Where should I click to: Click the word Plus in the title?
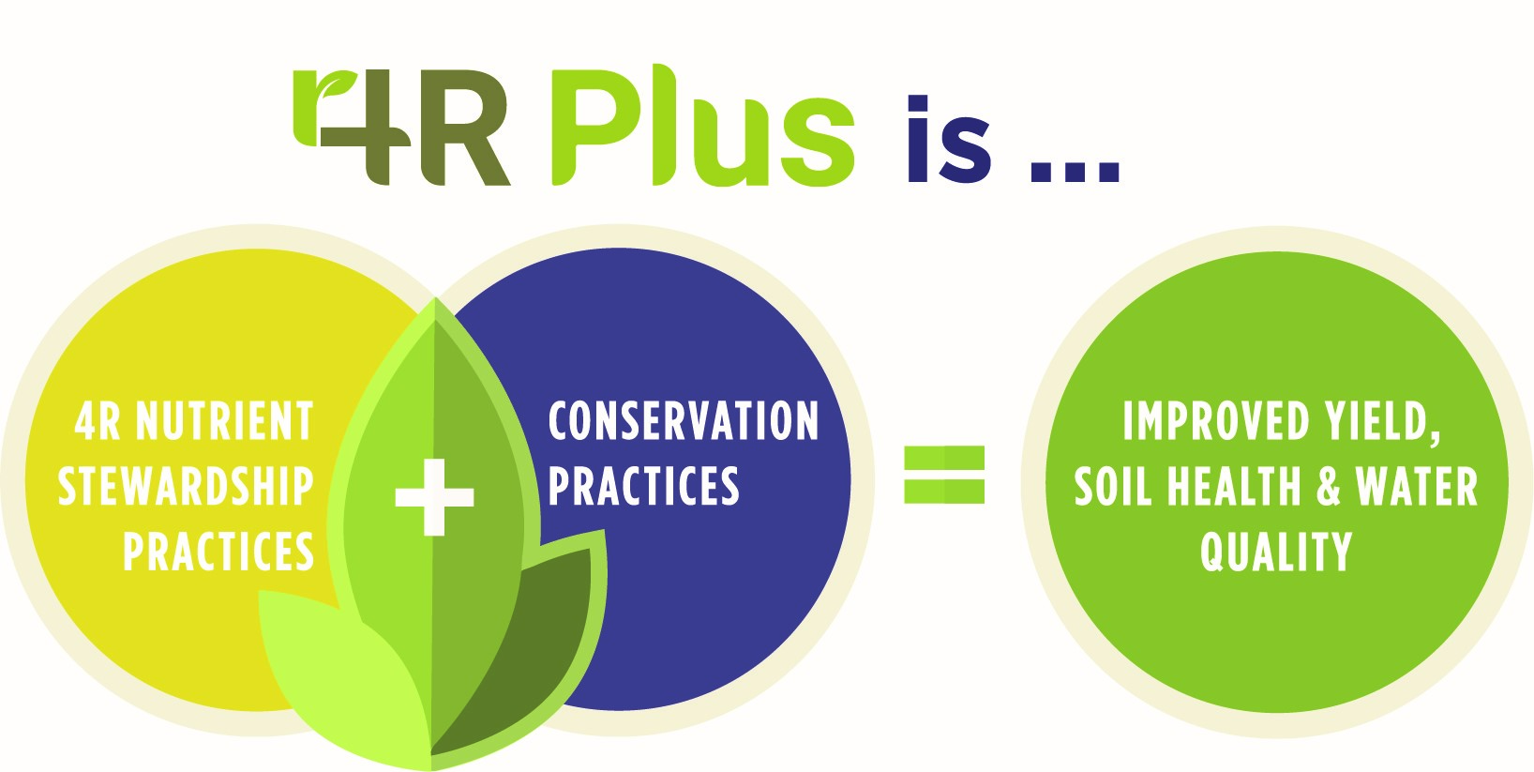pos(703,126)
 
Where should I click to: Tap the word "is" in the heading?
pos(949,139)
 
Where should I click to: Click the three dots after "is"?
pos(1075,172)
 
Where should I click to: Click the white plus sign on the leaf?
pos(434,496)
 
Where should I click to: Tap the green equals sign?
pos(944,475)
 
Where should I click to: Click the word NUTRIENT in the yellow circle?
pos(225,420)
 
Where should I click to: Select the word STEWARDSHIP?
pos(186,486)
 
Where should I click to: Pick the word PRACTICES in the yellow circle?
pos(218,552)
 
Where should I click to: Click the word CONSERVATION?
pos(684,420)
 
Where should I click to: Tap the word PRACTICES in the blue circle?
pos(644,486)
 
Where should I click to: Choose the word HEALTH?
pos(1234,486)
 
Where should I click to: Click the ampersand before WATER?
pos(1328,486)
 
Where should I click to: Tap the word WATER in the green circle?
pos(1416,486)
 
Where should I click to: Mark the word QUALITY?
pos(1276,552)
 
